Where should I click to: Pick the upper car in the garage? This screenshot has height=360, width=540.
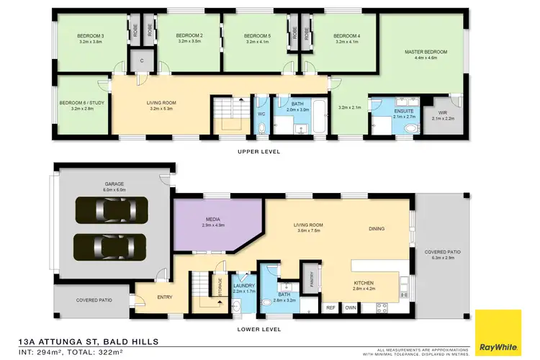[114, 210]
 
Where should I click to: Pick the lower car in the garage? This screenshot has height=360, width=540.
[109, 247]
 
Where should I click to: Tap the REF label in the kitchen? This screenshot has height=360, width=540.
[330, 307]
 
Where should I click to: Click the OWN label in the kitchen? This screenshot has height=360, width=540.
[351, 307]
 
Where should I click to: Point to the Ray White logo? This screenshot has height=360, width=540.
[498, 332]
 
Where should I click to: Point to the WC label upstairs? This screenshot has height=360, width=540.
[261, 113]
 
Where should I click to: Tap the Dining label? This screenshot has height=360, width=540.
[377, 229]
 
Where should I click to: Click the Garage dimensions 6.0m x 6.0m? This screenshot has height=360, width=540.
[114, 191]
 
